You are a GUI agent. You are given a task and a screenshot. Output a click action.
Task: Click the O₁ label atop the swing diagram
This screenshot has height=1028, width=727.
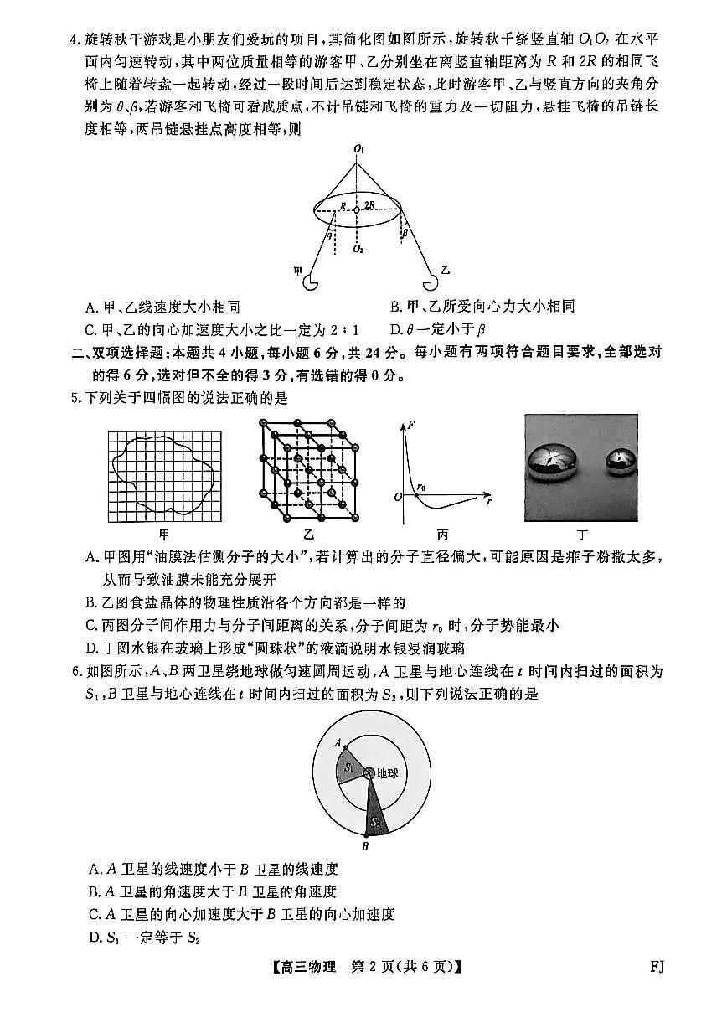[x=358, y=149]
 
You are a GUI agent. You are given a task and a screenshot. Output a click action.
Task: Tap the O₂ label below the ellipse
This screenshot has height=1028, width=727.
[x=358, y=249]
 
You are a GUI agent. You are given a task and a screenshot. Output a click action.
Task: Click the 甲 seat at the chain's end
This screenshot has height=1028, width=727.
[x=311, y=282]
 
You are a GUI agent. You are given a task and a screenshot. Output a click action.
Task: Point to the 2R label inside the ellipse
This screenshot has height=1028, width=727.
[x=369, y=204]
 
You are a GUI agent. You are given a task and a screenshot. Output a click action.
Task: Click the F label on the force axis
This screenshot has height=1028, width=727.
[x=410, y=426]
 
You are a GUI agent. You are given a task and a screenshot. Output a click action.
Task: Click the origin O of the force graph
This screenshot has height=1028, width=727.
[x=400, y=498]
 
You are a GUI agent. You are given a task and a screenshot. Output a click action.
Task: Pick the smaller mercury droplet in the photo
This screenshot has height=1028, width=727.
[x=621, y=461]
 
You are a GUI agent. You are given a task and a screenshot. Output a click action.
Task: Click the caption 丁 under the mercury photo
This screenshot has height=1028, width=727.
[x=580, y=535]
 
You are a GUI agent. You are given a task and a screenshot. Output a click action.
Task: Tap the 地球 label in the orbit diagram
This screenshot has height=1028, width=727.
[x=387, y=773]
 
